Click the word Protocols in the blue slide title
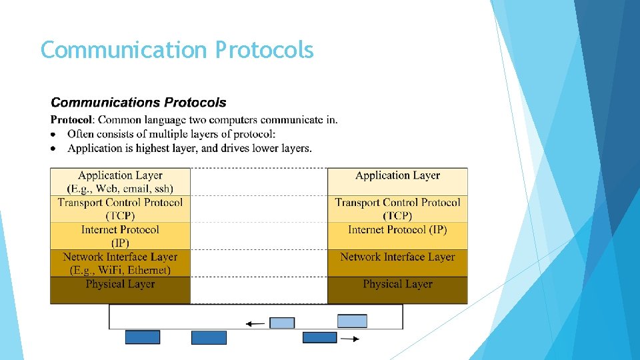(264, 50)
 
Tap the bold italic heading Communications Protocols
(139, 103)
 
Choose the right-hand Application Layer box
(397, 181)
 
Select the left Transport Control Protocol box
(120, 209)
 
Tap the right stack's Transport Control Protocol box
(397, 209)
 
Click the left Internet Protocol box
(120, 236)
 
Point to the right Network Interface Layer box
(397, 257)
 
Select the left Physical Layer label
(120, 285)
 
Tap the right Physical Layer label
(397, 285)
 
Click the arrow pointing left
(255, 324)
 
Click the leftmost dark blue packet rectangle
(143, 337)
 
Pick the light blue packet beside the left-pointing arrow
(282, 323)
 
